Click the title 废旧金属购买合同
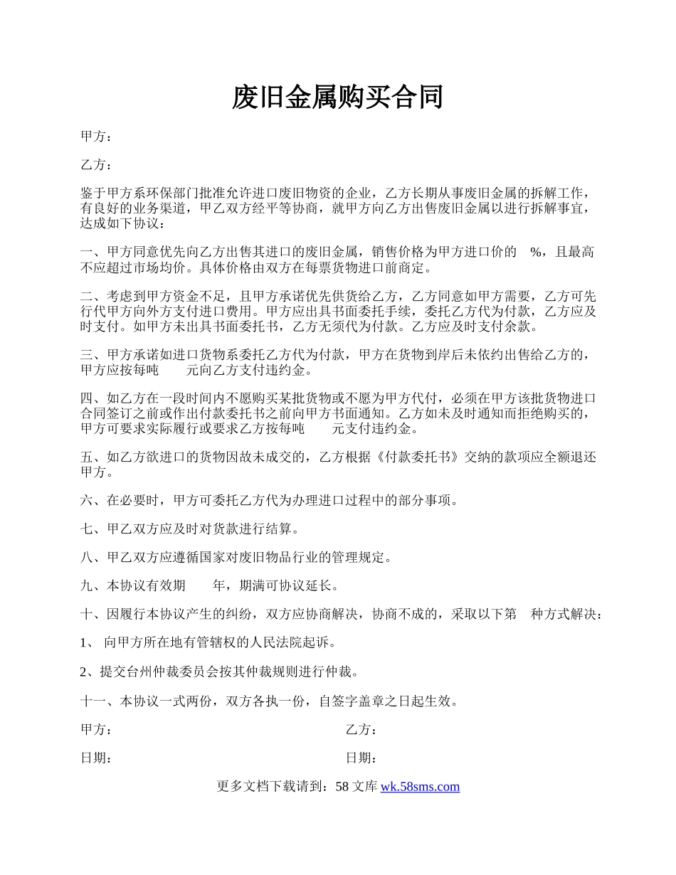[337, 97]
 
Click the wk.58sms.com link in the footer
[420, 787]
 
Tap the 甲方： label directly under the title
[96, 137]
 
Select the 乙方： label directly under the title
[96, 166]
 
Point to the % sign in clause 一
[537, 253]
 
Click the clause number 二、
[93, 297]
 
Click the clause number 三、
[93, 355]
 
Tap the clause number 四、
[93, 398]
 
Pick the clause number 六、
[93, 501]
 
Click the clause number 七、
[93, 529]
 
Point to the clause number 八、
[93, 558]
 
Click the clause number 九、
[93, 586]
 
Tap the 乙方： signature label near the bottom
[361, 731]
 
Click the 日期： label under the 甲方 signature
[96, 758]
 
